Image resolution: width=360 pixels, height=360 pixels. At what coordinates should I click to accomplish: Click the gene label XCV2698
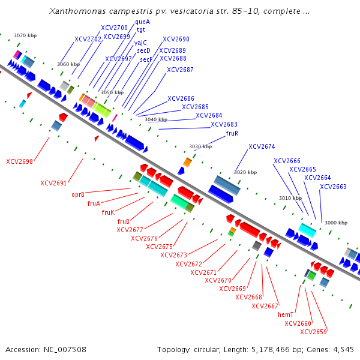click(19, 161)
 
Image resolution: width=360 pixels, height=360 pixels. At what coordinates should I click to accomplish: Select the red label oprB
click(77, 194)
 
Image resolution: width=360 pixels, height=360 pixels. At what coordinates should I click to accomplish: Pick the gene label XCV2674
click(262, 146)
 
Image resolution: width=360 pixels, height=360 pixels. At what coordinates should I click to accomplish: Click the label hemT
click(285, 314)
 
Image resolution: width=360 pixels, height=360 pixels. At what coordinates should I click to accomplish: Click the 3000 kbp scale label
click(336, 223)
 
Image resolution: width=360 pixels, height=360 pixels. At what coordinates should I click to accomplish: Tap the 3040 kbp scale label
click(156, 119)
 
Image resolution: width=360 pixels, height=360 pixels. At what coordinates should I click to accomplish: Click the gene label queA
click(142, 22)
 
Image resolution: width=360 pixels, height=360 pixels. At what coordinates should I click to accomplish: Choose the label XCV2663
click(333, 187)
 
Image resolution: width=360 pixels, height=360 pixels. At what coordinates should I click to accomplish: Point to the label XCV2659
click(313, 332)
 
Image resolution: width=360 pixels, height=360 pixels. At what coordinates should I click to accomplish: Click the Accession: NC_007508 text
click(46, 349)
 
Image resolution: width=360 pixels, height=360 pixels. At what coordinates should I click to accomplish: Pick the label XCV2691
click(53, 183)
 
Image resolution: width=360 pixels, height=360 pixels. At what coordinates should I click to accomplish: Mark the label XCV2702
click(88, 39)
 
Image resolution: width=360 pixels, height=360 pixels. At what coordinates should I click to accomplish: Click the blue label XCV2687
click(180, 70)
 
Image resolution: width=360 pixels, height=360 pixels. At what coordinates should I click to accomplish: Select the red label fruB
click(124, 221)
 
